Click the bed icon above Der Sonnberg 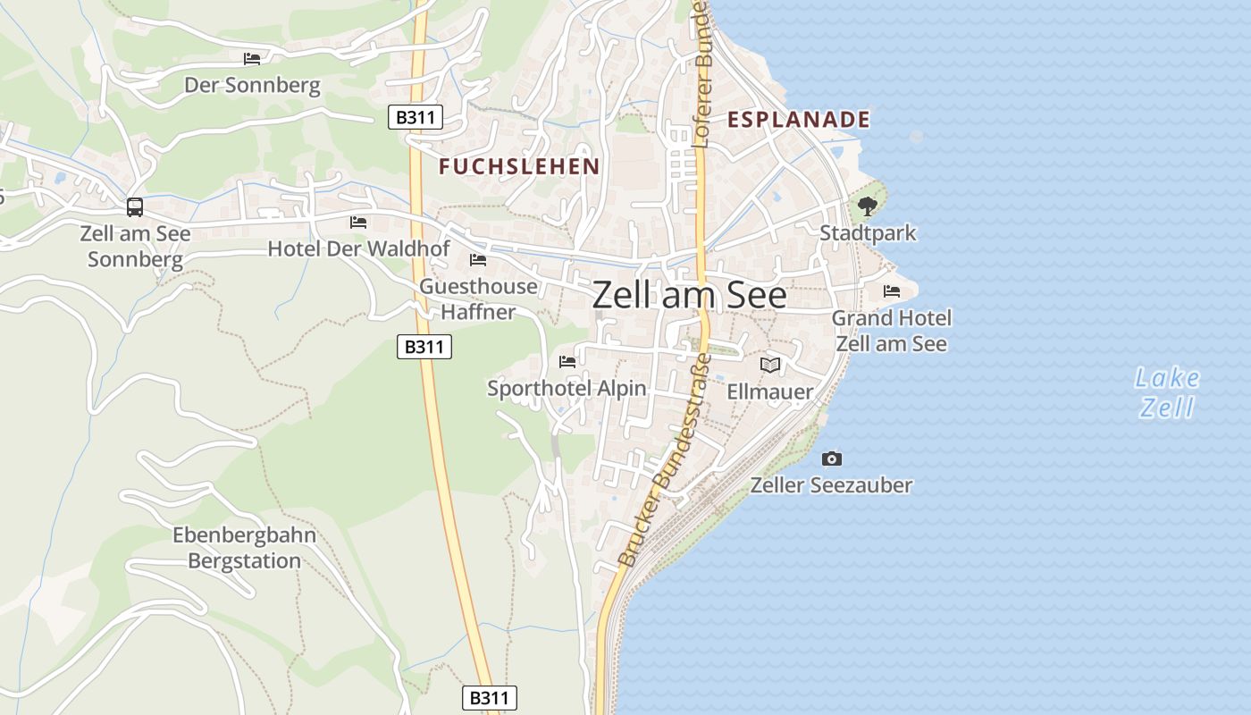(252, 59)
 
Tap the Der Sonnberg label (252, 85)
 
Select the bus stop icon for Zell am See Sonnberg (135, 207)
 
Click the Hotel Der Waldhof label (358, 248)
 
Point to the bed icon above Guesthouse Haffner (478, 260)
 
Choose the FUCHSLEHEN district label (519, 166)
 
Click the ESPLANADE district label (798, 119)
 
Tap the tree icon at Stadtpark (867, 206)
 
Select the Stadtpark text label (868, 233)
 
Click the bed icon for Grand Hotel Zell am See (891, 291)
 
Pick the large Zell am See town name (689, 295)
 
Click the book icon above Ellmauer (770, 365)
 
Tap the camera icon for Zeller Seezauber (832, 458)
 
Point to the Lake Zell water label (1168, 392)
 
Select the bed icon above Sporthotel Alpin (567, 362)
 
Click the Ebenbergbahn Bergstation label (244, 548)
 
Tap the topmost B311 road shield (416, 117)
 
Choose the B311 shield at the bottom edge (490, 697)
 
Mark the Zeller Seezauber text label (831, 485)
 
